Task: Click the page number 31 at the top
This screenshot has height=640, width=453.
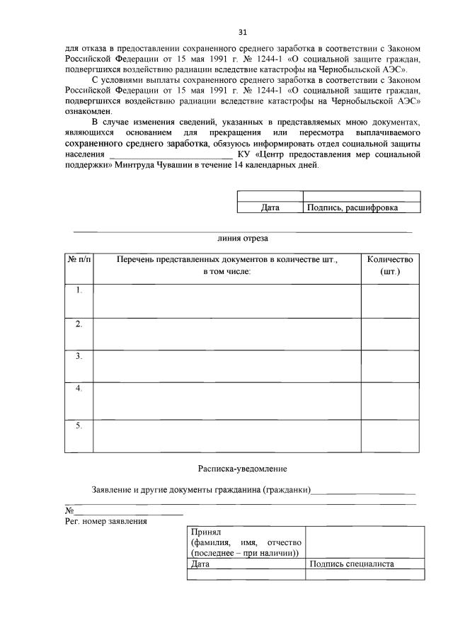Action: (x=243, y=32)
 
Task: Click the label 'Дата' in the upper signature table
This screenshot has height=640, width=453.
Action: (x=270, y=207)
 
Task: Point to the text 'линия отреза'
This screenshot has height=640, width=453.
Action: (x=243, y=239)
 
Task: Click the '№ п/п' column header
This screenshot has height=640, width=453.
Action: (x=79, y=260)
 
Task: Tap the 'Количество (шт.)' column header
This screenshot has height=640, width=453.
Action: (x=390, y=265)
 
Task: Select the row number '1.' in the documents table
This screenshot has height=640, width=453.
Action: (x=79, y=290)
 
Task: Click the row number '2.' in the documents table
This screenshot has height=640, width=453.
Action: (x=79, y=324)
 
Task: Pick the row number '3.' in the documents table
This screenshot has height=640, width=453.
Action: (x=79, y=356)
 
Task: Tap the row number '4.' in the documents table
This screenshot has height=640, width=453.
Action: (x=79, y=389)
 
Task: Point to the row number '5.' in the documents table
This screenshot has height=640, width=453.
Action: (x=79, y=425)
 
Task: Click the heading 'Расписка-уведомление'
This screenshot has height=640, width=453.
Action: (x=243, y=468)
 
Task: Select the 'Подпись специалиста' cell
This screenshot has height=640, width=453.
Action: (x=352, y=564)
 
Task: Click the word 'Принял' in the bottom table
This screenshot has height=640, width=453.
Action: (x=207, y=532)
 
